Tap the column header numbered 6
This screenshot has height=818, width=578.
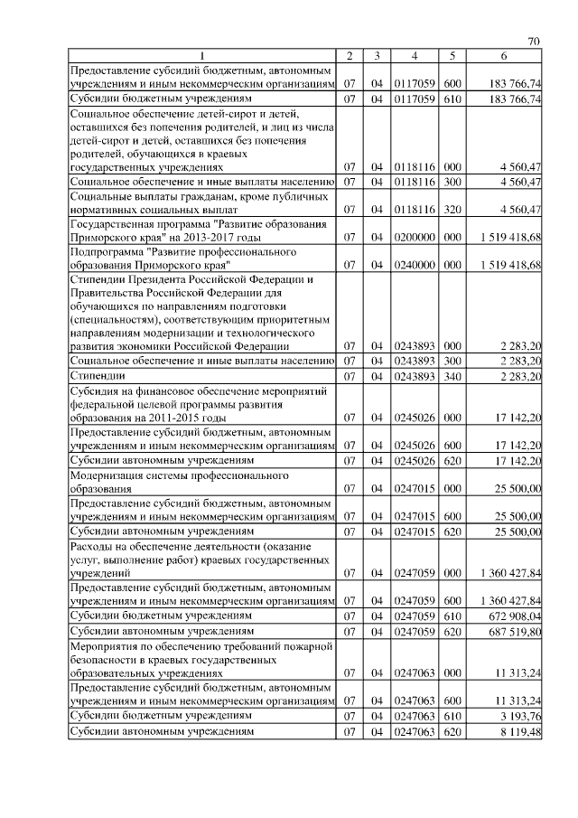[505, 57]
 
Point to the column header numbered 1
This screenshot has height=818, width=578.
[202, 57]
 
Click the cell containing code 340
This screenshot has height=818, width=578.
[453, 375]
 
